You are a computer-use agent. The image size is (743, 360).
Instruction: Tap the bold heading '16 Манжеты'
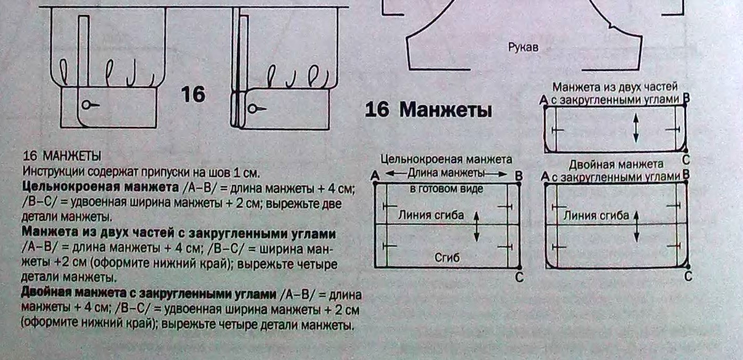coord(428,110)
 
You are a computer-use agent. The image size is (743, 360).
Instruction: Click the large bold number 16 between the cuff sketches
coord(193,94)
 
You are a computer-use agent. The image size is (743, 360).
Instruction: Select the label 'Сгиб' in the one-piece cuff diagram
coord(447,257)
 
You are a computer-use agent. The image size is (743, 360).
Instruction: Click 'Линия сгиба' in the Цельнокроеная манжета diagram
coord(431,215)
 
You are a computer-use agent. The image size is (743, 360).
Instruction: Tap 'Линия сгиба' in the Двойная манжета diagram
coord(596,215)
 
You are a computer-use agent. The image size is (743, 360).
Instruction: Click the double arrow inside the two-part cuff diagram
coord(636,127)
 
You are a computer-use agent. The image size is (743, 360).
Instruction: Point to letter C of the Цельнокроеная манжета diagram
coord(520,278)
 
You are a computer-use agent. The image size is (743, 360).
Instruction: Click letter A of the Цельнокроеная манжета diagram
coord(375,176)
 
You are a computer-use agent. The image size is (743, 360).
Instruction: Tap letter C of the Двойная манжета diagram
coord(688,277)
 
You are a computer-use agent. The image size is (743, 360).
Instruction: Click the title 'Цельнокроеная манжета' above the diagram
coord(446,160)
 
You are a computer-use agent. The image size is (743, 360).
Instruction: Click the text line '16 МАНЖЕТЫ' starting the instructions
coord(63,156)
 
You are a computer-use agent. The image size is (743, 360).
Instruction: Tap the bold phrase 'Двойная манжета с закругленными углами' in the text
coord(148,295)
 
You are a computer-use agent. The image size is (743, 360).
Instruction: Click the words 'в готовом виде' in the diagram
coord(446,189)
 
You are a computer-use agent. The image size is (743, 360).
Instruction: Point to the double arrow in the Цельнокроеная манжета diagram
coord(477,226)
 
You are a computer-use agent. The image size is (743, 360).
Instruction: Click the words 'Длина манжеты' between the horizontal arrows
coord(446,173)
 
